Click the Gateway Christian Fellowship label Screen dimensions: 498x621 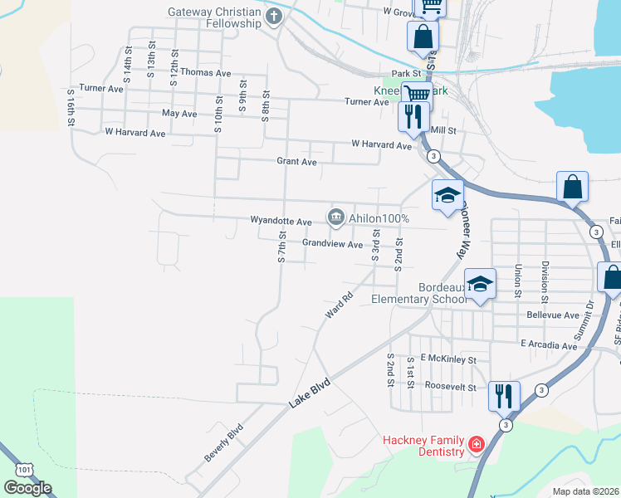tap(214, 17)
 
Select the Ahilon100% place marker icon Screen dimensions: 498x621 tap(336, 217)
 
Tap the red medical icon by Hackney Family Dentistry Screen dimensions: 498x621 tap(476, 445)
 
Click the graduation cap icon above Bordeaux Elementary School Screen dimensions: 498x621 tap(480, 285)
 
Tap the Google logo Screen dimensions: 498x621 tap(27, 488)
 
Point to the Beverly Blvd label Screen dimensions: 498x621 tap(223, 444)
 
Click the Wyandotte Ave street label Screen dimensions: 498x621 tap(281, 222)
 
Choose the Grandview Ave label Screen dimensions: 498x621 tap(332, 244)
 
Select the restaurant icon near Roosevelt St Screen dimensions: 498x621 tap(504, 395)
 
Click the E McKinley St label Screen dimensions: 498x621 tap(447, 360)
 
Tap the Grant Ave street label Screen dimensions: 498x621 tap(296, 162)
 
